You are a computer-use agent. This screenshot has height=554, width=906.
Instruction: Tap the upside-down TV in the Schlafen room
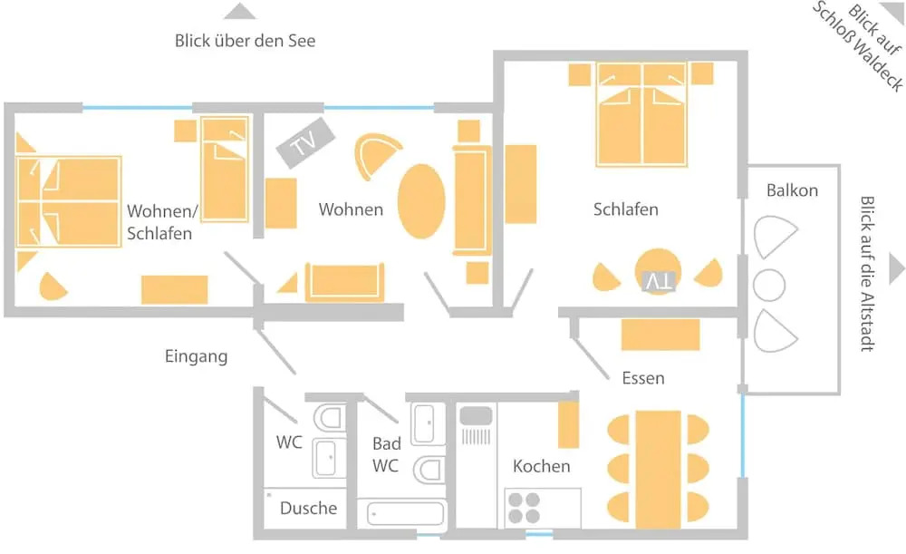click(x=658, y=282)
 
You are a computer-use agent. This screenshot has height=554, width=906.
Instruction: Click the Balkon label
click(x=791, y=190)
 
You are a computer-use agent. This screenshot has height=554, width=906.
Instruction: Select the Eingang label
click(x=196, y=356)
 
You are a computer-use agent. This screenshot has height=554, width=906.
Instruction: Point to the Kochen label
click(x=541, y=466)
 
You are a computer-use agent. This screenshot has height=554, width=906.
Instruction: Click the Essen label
click(x=642, y=377)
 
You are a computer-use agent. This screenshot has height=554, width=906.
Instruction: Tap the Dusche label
click(x=308, y=509)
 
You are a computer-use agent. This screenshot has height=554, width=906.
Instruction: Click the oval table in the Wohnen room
click(x=422, y=200)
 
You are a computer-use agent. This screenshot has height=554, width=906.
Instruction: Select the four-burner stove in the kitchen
click(x=525, y=507)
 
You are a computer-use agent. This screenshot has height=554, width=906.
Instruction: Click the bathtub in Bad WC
click(x=406, y=513)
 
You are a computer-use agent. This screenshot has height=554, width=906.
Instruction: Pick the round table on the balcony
click(x=769, y=286)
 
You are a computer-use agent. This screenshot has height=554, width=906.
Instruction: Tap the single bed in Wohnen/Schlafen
click(x=225, y=169)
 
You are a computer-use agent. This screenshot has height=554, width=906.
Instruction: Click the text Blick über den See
click(x=245, y=41)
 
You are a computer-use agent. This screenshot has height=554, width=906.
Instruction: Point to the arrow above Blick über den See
click(x=240, y=11)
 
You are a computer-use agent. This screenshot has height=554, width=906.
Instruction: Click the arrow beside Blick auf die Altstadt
click(x=896, y=268)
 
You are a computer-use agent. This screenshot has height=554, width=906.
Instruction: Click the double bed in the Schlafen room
click(x=641, y=115)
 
